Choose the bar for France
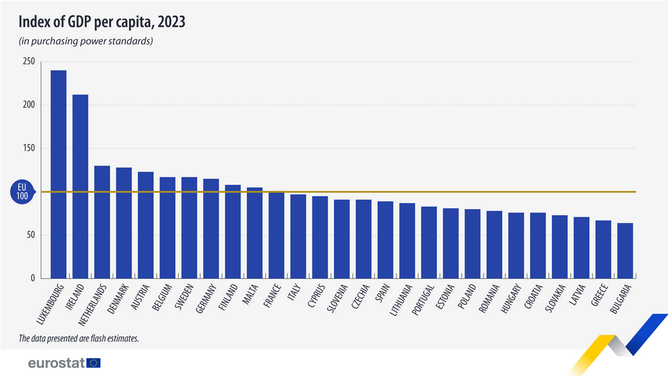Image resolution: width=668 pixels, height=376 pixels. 276,235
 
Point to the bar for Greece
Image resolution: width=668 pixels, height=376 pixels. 603,249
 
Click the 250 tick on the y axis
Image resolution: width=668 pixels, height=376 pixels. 28,62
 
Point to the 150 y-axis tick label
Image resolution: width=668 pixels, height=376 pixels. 28,148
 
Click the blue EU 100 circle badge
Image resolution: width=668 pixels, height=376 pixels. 22,192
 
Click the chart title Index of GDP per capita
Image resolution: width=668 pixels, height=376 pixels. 102,22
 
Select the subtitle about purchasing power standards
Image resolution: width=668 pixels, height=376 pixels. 86,41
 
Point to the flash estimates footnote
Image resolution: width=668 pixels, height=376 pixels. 79,338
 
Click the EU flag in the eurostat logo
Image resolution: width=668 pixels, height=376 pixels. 94,363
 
